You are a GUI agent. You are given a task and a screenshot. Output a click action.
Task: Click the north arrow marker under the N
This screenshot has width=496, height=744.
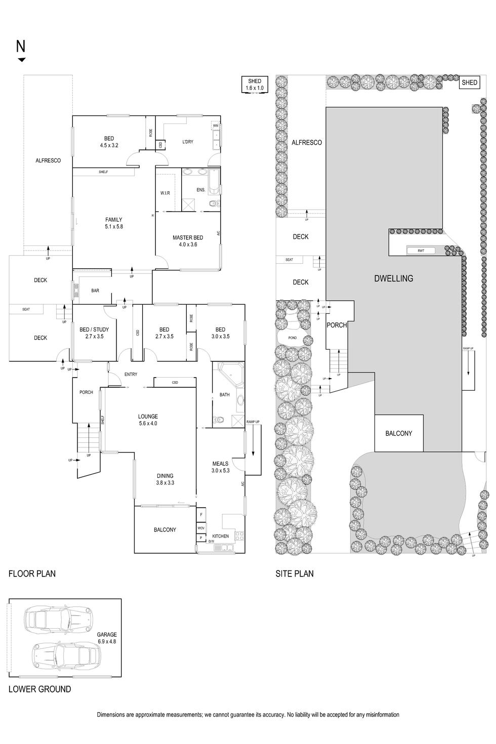click(21, 60)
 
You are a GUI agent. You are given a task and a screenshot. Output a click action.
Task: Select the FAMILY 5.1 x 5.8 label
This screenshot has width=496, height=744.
click(113, 223)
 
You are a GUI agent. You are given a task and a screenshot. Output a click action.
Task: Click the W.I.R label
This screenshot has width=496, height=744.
click(165, 193)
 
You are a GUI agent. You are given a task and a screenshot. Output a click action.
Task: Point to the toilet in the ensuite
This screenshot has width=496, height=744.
click(214, 204)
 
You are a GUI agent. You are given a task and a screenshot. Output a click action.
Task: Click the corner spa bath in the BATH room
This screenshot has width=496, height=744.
click(231, 375)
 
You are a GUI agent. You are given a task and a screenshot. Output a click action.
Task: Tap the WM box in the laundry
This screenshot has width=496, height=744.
click(216, 126)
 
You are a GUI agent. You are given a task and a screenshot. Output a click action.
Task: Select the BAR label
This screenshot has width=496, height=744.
click(95, 291)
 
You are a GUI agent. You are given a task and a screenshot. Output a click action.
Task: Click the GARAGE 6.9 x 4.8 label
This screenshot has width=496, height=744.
click(107, 638)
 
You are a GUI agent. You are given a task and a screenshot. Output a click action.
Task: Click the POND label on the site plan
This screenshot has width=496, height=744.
click(293, 338)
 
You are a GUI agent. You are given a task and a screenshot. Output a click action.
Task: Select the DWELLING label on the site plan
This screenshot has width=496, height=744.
click(393, 278)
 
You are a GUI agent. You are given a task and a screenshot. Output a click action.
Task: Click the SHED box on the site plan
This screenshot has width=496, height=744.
click(469, 82)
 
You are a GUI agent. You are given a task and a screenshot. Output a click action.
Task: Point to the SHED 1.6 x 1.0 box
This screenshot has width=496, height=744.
click(255, 85)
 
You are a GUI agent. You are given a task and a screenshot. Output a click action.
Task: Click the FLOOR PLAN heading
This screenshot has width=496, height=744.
click(32, 573)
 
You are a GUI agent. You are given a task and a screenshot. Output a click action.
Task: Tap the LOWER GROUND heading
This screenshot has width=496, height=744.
click(39, 689)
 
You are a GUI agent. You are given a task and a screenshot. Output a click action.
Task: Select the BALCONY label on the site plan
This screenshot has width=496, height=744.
click(398, 433)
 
